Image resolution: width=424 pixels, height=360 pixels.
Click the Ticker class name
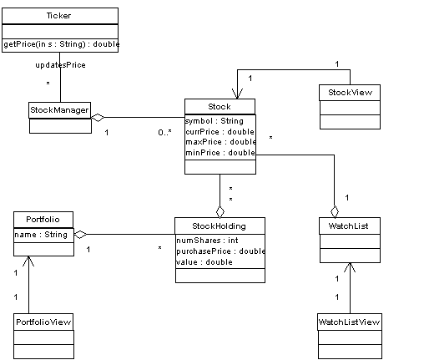tap(58, 16)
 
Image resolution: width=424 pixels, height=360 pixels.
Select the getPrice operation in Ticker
tap(62, 44)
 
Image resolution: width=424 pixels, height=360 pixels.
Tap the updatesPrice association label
tap(60, 65)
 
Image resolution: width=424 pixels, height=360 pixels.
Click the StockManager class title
tap(59, 110)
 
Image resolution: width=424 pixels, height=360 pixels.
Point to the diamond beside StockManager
tap(98, 118)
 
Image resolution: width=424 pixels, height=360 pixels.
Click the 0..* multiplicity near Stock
tap(164, 133)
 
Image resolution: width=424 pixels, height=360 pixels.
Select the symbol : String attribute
tap(215, 121)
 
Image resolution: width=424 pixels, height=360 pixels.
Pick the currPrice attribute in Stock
tap(220, 132)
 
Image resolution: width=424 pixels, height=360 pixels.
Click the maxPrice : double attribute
tap(220, 142)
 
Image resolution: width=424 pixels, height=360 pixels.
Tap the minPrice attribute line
tap(220, 153)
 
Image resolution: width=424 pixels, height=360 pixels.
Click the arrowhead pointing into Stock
tap(237, 94)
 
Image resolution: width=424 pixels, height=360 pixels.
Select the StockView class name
tap(350, 93)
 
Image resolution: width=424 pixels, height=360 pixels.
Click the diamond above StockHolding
tap(220, 211)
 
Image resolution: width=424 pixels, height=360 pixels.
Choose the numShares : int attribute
tap(207, 241)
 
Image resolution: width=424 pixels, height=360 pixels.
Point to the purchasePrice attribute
tap(220, 251)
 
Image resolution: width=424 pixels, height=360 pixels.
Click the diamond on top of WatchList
tap(335, 211)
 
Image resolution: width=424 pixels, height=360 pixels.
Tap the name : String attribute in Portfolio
tap(41, 235)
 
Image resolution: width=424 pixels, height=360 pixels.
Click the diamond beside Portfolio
tap(80, 235)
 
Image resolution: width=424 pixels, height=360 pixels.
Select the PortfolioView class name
tap(43, 322)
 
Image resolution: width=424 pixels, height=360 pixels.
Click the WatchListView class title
tap(349, 322)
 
